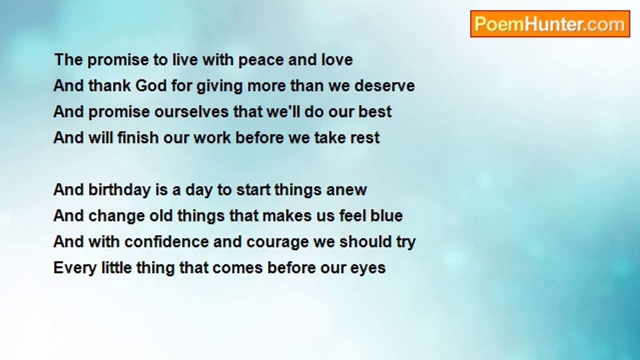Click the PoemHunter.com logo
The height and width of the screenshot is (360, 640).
click(550, 24)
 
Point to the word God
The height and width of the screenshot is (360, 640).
click(151, 85)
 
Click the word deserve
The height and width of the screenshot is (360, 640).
click(384, 85)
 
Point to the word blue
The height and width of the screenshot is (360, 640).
click(386, 215)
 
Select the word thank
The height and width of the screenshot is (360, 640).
click(109, 85)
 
